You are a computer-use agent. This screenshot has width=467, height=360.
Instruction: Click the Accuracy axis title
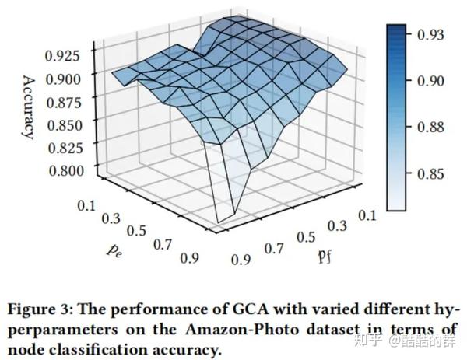click(x=29, y=107)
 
